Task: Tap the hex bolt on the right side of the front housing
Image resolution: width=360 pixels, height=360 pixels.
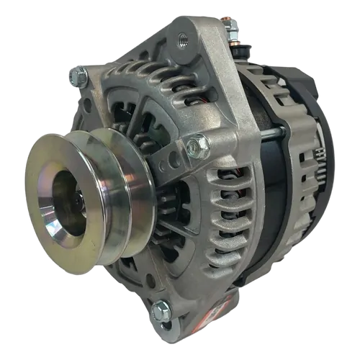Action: [193, 146]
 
